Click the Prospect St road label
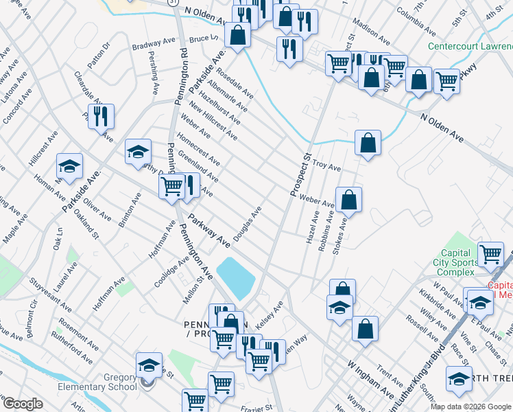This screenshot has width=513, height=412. point(300,175)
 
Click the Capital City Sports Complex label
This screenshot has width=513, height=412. point(455,262)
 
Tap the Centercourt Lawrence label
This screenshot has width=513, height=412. point(470,47)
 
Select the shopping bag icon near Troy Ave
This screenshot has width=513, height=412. point(368,144)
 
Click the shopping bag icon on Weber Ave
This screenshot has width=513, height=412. point(348,200)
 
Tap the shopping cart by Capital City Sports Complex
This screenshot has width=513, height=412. point(491,254)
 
